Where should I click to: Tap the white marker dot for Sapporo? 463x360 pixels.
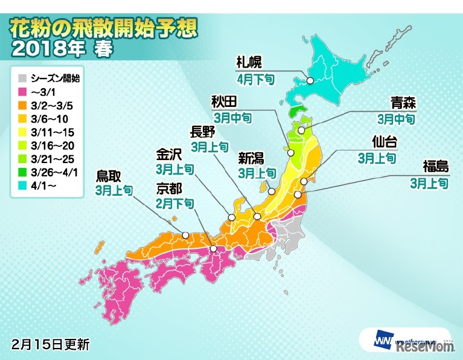point(310,80)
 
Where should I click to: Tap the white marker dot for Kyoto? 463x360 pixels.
point(213,249)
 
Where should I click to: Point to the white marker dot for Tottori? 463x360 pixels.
point(186,235)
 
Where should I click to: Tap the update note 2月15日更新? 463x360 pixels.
point(51,345)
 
